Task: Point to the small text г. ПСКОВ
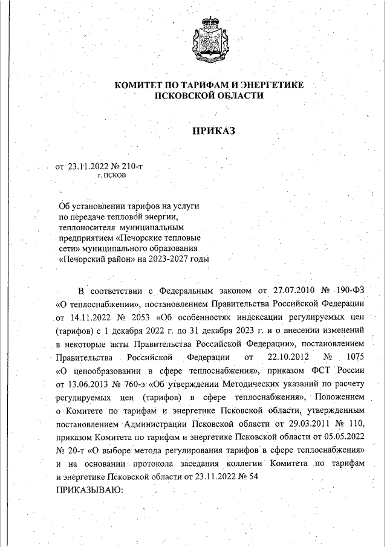[x=112, y=175]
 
